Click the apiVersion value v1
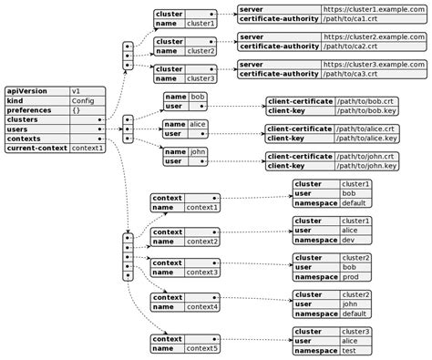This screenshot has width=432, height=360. tap(77, 91)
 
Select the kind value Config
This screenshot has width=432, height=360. tap(83, 100)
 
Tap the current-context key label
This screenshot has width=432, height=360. tap(37, 148)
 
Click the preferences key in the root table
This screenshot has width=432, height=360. tap(30, 110)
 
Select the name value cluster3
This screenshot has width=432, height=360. tap(201, 79)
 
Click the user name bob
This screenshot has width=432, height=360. tap(198, 96)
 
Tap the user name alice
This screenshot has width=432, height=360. tap(200, 123)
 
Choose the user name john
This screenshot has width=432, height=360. tap(199, 151)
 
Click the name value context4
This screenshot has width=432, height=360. tap(202, 307)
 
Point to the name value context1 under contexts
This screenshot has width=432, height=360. tap(202, 207)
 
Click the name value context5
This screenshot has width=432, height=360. tap(202, 347)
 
